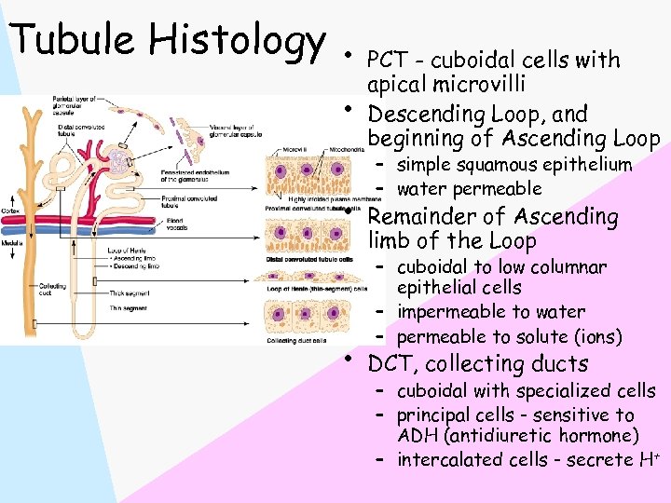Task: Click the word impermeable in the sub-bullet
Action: (x=451, y=312)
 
